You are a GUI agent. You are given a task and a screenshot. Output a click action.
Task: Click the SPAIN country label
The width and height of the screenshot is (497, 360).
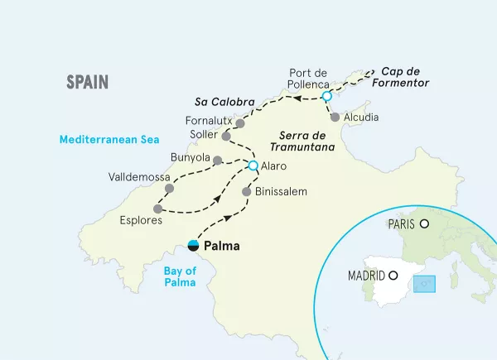pos(88,81)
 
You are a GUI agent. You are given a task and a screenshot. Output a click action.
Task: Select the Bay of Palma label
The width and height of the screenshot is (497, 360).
pos(180,276)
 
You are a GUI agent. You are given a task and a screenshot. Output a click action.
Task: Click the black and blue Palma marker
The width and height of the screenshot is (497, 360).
pos(193,245)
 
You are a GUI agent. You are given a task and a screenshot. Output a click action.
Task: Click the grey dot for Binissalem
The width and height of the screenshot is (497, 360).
pos(246,192)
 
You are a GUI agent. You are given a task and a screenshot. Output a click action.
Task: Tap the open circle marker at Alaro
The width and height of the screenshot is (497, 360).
pos(253,166)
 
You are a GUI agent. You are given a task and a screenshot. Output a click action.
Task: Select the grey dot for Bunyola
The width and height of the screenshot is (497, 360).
pos(217,161)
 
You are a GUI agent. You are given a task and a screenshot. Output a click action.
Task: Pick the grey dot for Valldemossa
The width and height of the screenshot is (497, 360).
pos(170,189)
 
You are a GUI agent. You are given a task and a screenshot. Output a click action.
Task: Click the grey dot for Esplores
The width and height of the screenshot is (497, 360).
pos(157,209)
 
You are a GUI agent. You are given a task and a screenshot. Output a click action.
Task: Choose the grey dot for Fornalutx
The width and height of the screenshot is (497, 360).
pos(240,123)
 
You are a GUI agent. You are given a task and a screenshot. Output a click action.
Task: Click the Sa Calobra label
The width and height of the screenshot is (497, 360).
pos(224,102)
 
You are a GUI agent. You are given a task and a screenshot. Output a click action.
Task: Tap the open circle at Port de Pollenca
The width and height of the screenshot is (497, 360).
pos(326,97)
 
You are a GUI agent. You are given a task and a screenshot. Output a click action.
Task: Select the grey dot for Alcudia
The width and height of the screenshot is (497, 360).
pos(335,118)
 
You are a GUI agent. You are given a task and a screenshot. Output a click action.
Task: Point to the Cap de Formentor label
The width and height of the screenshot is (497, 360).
pos(407,77)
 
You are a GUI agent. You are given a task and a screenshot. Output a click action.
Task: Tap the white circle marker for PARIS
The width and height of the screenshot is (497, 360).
pos(424,223)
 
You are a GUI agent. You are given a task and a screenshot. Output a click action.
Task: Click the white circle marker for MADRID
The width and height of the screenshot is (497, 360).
pos(393,276)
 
